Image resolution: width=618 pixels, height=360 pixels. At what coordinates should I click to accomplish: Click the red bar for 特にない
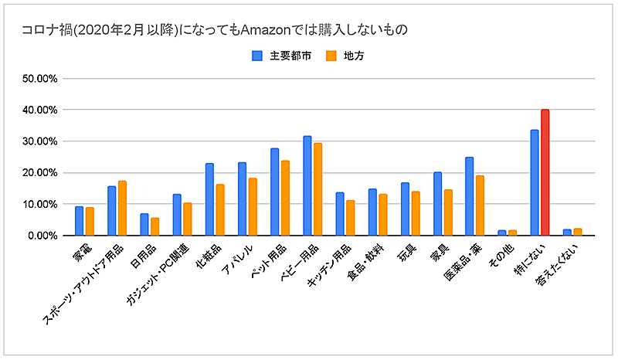click(x=545, y=172)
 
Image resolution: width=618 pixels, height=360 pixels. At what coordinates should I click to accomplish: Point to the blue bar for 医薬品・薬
click(x=470, y=196)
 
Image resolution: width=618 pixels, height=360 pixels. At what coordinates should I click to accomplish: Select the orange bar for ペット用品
click(x=285, y=198)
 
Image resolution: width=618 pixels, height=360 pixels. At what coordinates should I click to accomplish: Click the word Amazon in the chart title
click(x=264, y=30)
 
